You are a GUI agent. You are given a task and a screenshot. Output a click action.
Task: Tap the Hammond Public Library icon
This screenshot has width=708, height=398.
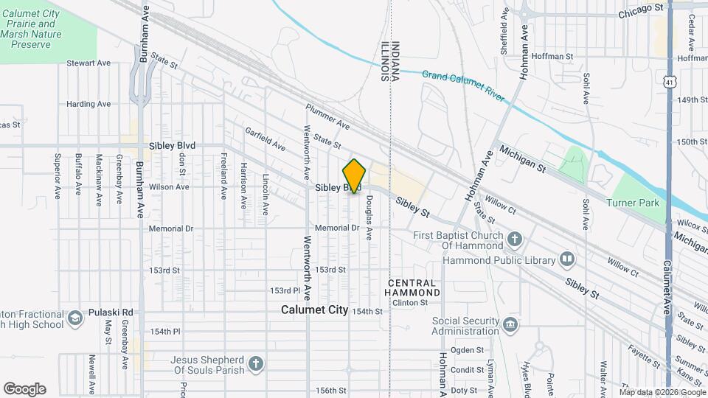pyautogui.click(x=566, y=259)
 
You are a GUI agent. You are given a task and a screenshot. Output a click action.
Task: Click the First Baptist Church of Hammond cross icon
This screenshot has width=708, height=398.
pyautogui.click(x=514, y=239)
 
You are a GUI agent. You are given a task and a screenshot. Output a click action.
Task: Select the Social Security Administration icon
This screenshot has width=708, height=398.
pyautogui.click(x=510, y=325)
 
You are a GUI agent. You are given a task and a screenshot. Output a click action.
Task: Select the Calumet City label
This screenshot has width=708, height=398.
pyautogui.click(x=314, y=310)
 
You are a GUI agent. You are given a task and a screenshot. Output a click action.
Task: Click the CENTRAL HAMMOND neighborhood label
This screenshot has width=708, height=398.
pyautogui.click(x=414, y=287)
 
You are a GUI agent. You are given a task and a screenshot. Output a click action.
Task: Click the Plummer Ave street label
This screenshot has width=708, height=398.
pyautogui.click(x=327, y=116)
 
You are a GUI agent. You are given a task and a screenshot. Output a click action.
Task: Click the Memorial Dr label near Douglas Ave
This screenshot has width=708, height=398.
pyautogui.click(x=336, y=228)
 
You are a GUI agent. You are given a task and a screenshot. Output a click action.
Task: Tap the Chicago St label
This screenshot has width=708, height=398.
pyautogui.click(x=641, y=10)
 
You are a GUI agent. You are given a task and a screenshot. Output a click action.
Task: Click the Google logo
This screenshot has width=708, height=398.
pyautogui.click(x=24, y=389)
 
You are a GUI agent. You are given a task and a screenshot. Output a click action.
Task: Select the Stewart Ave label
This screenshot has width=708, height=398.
pyautogui.click(x=88, y=63)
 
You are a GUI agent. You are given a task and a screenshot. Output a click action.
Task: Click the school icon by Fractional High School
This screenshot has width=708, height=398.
pyautogui.click(x=74, y=318)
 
